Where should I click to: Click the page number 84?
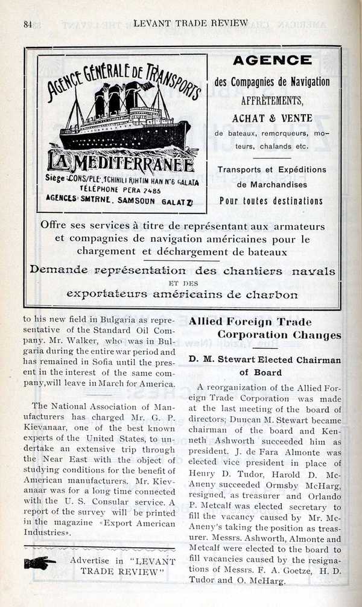coord(27,24)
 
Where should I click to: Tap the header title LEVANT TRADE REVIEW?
coord(190,23)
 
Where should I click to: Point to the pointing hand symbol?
coord(40,564)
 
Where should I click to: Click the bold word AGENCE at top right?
coord(272,60)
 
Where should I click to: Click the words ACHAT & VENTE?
coord(272,118)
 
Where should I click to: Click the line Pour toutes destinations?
coord(271,201)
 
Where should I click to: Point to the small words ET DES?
coord(182,283)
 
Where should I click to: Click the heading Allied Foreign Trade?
coord(250,322)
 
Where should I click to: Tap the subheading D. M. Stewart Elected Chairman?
coord(264,360)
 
